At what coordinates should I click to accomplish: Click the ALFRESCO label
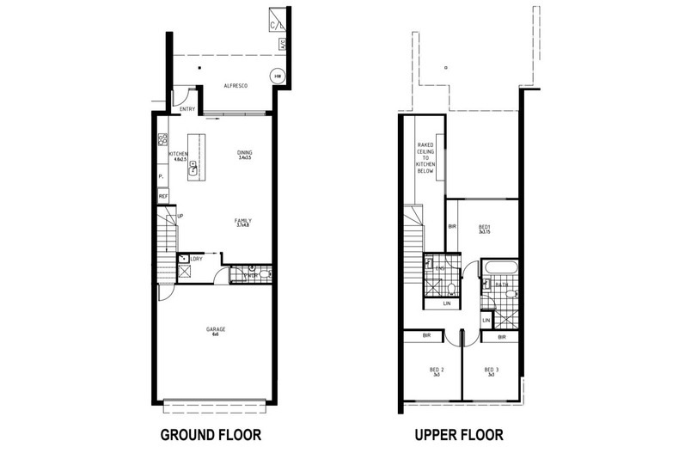tap(236, 86)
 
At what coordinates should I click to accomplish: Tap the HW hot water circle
tap(277, 76)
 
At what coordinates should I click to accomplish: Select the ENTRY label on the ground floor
tap(187, 108)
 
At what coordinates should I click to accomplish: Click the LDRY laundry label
tap(197, 258)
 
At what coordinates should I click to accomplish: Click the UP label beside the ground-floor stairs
tap(179, 216)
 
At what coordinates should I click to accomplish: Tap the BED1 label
tap(486, 228)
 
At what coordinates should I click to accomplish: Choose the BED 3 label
tap(491, 371)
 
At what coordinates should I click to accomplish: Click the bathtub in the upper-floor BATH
tap(499, 280)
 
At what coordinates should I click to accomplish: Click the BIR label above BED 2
tap(427, 337)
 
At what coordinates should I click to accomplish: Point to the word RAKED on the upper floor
tap(425, 145)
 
